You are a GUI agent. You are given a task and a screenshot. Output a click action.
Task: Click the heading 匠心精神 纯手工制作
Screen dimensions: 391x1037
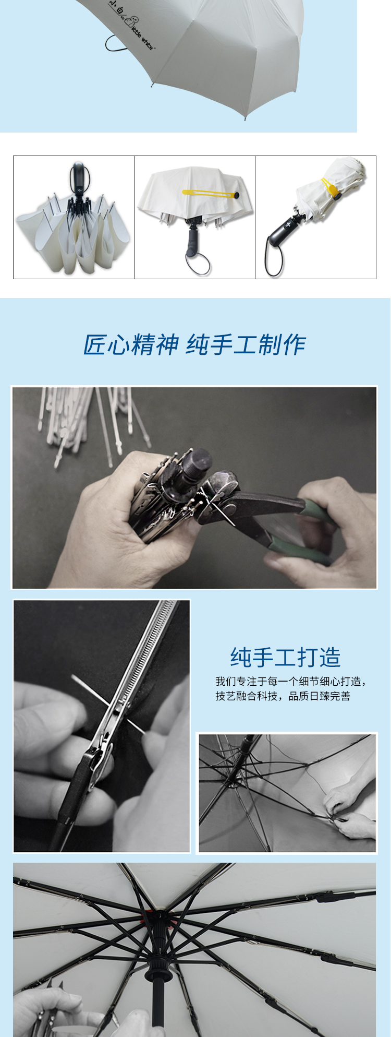coord(194,344)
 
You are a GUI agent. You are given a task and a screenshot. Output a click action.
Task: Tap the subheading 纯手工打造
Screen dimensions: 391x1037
coord(286,657)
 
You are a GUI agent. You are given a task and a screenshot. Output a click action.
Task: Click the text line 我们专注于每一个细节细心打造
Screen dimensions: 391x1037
coord(290,682)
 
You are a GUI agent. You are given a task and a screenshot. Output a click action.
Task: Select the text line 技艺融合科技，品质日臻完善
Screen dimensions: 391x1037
coord(283,696)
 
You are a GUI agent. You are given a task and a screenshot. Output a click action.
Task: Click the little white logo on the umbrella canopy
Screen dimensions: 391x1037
coord(131,24)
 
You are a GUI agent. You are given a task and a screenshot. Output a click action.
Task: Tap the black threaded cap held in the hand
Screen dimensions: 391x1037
coord(195,461)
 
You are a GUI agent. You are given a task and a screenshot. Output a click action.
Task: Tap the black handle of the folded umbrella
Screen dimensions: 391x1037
coord(284,230)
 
